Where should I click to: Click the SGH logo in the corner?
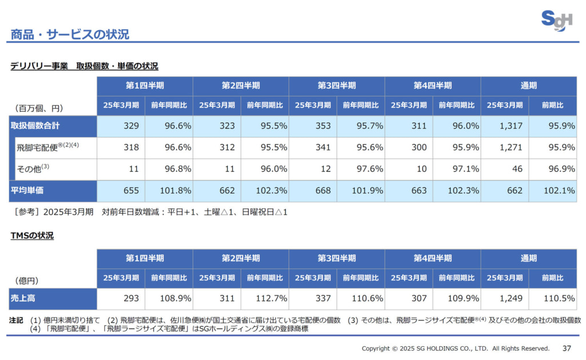coord(556,21)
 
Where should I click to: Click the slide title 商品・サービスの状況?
coord(70,34)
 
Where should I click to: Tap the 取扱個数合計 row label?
coord(35,126)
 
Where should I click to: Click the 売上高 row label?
coord(23,298)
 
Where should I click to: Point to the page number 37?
coord(567,348)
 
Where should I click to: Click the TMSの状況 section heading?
coord(32,235)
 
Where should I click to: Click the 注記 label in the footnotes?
coord(17,320)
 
